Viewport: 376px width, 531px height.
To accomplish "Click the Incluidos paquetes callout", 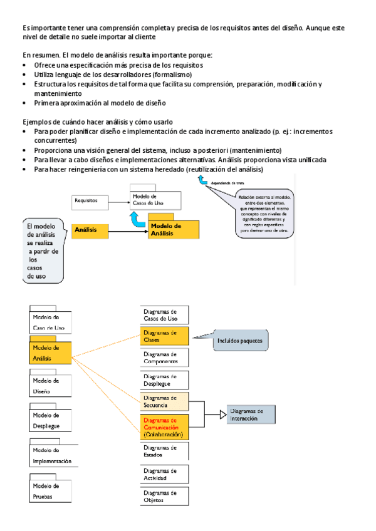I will pos(240,341).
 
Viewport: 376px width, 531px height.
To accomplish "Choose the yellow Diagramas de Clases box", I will pos(164,336).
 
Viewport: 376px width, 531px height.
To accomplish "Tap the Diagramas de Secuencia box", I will pos(164,401).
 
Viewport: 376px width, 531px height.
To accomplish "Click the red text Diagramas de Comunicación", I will pos(160,424).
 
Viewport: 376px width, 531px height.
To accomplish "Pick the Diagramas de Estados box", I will pos(164,451).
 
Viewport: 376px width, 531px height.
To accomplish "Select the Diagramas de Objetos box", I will pos(164,497).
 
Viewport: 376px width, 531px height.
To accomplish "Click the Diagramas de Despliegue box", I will pos(164,380).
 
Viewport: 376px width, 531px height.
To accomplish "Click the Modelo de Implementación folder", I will pos(53,455).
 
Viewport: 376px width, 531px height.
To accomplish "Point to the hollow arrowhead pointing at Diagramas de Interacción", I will pos(222,414).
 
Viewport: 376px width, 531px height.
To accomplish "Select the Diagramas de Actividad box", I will pos(164,474).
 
